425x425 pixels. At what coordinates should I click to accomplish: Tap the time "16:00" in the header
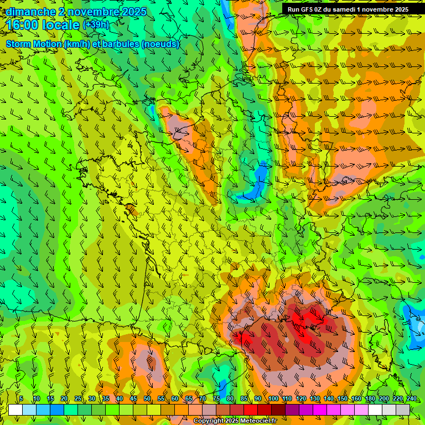[x=23, y=25]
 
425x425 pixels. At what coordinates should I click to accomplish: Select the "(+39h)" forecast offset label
[x=96, y=25]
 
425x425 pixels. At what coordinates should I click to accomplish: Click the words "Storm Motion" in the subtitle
[x=34, y=44]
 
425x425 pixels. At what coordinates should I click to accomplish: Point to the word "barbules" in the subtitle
[x=121, y=44]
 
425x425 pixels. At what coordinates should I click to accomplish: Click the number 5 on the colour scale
[x=20, y=399]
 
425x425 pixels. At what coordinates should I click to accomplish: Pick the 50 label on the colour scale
[x=147, y=399]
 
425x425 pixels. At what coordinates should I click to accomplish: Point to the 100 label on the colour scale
[x=273, y=399]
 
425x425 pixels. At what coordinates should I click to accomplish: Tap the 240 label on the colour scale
[x=411, y=399]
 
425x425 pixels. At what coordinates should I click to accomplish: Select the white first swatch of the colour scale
[x=15, y=410]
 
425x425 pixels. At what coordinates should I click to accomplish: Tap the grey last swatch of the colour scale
[x=403, y=410]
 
